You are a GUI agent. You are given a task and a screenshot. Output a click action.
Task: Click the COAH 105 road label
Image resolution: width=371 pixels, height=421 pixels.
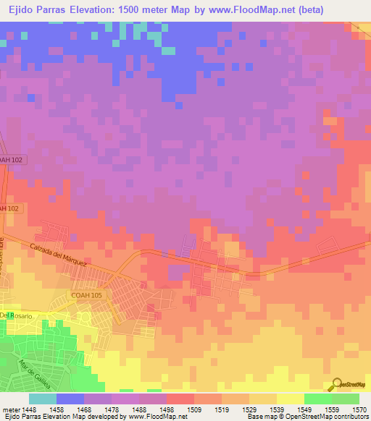pos(86,295)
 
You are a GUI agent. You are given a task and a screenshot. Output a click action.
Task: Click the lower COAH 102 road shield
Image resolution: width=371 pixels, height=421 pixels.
pos(10,208)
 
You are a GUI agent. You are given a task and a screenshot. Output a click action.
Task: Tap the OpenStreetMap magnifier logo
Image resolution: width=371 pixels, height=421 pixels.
pos(335,383)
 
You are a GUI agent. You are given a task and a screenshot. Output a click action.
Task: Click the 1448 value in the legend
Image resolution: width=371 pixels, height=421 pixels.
pos(29,409)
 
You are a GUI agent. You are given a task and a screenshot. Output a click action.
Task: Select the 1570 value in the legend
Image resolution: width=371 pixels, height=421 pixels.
pos(359,409)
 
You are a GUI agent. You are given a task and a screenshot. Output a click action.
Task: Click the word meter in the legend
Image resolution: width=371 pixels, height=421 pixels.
pos(9,409)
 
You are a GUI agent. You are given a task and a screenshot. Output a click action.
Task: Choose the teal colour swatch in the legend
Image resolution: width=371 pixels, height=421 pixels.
pos(42,399)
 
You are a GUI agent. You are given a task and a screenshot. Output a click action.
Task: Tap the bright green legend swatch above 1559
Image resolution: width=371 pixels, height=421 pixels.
pos(317,399)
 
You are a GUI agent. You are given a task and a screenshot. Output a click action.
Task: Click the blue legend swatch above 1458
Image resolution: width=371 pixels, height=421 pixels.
pos(70,399)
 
